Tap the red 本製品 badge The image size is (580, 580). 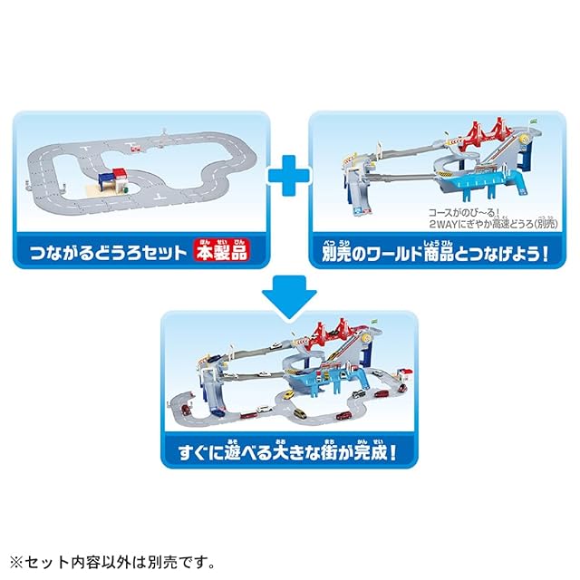pyautogui.click(x=223, y=248)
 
